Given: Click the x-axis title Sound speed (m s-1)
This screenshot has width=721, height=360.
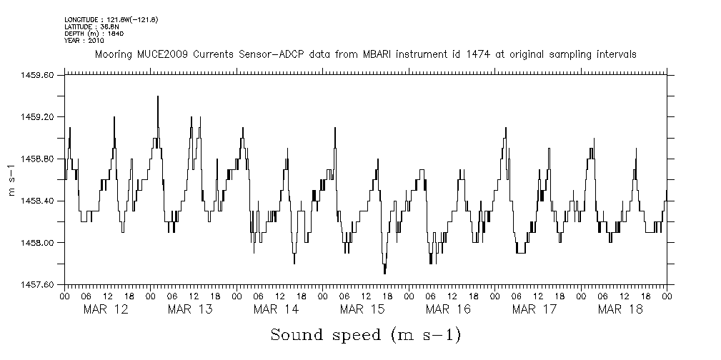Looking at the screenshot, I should pyautogui.click(x=364, y=334).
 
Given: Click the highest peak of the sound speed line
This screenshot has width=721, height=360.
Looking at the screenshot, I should pyautogui.click(x=157, y=96).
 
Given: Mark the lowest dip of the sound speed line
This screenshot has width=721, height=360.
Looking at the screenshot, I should pyautogui.click(x=384, y=273).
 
